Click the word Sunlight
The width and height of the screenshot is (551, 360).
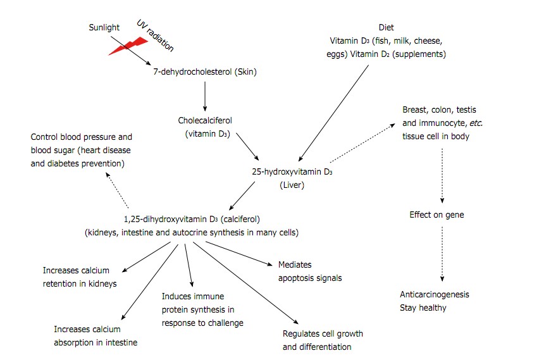(104, 28)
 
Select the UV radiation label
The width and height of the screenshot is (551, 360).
(156, 35)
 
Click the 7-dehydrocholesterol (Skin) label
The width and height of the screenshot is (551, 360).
(204, 71)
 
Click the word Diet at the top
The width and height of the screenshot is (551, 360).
(385, 28)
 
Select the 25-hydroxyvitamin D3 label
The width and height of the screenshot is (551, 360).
(292, 172)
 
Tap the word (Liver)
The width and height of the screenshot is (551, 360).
(292, 185)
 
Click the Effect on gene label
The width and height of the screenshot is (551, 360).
(436, 214)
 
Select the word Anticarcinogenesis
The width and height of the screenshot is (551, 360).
(435, 295)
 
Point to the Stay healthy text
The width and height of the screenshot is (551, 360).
(423, 307)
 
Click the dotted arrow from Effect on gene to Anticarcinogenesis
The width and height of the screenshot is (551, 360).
(442, 254)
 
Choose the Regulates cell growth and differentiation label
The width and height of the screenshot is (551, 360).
(323, 340)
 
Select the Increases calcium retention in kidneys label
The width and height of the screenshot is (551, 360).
(80, 276)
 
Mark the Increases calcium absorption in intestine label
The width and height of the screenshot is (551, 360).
(96, 336)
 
